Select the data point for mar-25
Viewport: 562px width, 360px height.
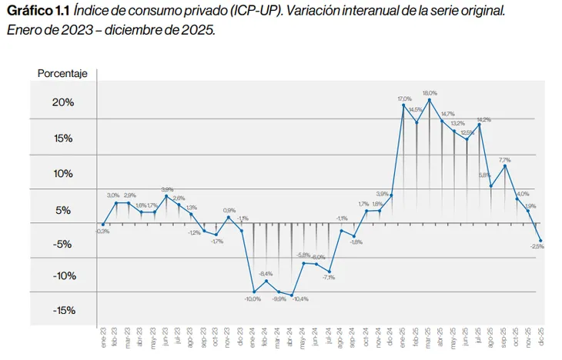tap(429, 100)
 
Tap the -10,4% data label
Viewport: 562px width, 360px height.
tap(299, 299)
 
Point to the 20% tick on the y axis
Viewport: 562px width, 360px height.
tap(63, 103)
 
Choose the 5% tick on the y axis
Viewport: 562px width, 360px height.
tap(65, 210)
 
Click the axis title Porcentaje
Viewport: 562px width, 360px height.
tap(62, 74)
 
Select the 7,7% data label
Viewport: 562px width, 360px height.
tap(505, 159)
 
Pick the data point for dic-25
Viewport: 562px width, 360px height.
tap(541, 240)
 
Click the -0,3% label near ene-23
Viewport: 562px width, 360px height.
tap(102, 231)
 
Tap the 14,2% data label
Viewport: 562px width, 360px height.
tap(483, 119)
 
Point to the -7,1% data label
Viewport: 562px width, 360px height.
tap(329, 277)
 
